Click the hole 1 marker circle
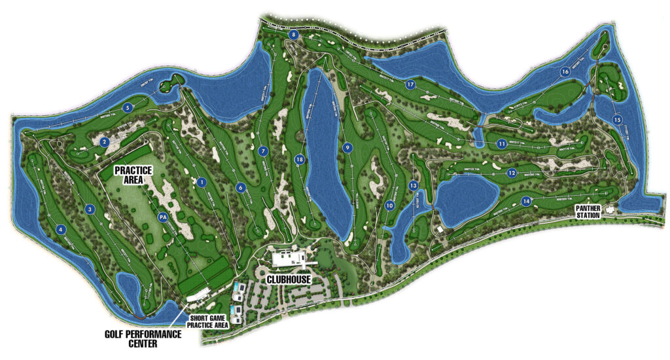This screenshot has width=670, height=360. point(202,182)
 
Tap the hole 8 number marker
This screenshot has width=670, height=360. point(294,35)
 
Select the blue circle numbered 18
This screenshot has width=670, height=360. point(300,159)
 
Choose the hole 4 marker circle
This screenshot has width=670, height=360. point(61,229)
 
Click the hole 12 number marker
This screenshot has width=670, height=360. point(511,173)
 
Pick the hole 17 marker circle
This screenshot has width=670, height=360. point(410,84)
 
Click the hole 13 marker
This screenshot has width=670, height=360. point(413,186)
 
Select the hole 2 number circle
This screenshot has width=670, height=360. point(104,141)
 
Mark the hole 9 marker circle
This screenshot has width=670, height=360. point(347,147)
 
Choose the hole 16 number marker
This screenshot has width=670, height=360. point(565,72)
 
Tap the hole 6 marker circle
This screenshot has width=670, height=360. point(241,188)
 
